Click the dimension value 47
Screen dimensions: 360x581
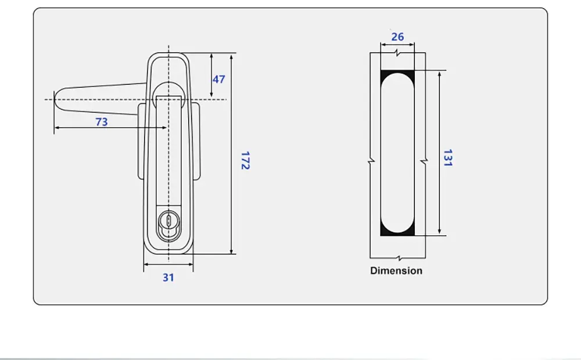[x=218, y=79]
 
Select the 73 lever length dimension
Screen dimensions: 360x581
[x=102, y=122]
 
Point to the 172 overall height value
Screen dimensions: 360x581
[x=245, y=160]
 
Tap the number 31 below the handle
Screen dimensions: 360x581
[x=168, y=278]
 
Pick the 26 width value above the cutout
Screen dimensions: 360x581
[x=397, y=37]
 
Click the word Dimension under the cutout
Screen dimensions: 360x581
[x=396, y=271]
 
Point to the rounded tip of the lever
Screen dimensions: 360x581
[x=56, y=100]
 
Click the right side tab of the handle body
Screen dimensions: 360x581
[x=197, y=139]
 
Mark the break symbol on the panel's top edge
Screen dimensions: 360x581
[x=397, y=53]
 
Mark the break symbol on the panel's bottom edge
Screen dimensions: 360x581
[x=397, y=257]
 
